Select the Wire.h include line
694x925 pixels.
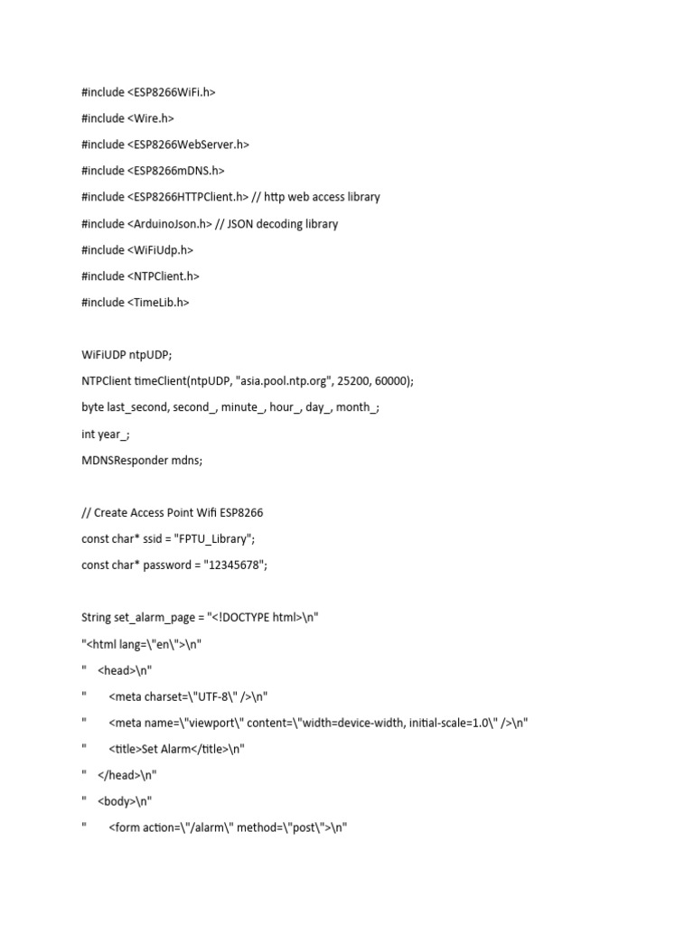(127, 117)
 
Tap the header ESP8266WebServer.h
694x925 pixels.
(190, 145)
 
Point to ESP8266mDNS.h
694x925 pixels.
(177, 171)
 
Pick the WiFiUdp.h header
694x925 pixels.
(162, 249)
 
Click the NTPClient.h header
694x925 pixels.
(164, 276)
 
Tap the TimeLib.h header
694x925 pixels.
(160, 303)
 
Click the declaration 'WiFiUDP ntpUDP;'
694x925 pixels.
(126, 355)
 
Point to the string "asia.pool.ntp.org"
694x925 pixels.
(291, 381)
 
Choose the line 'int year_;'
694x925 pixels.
(105, 434)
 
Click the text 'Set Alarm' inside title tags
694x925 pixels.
(165, 749)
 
